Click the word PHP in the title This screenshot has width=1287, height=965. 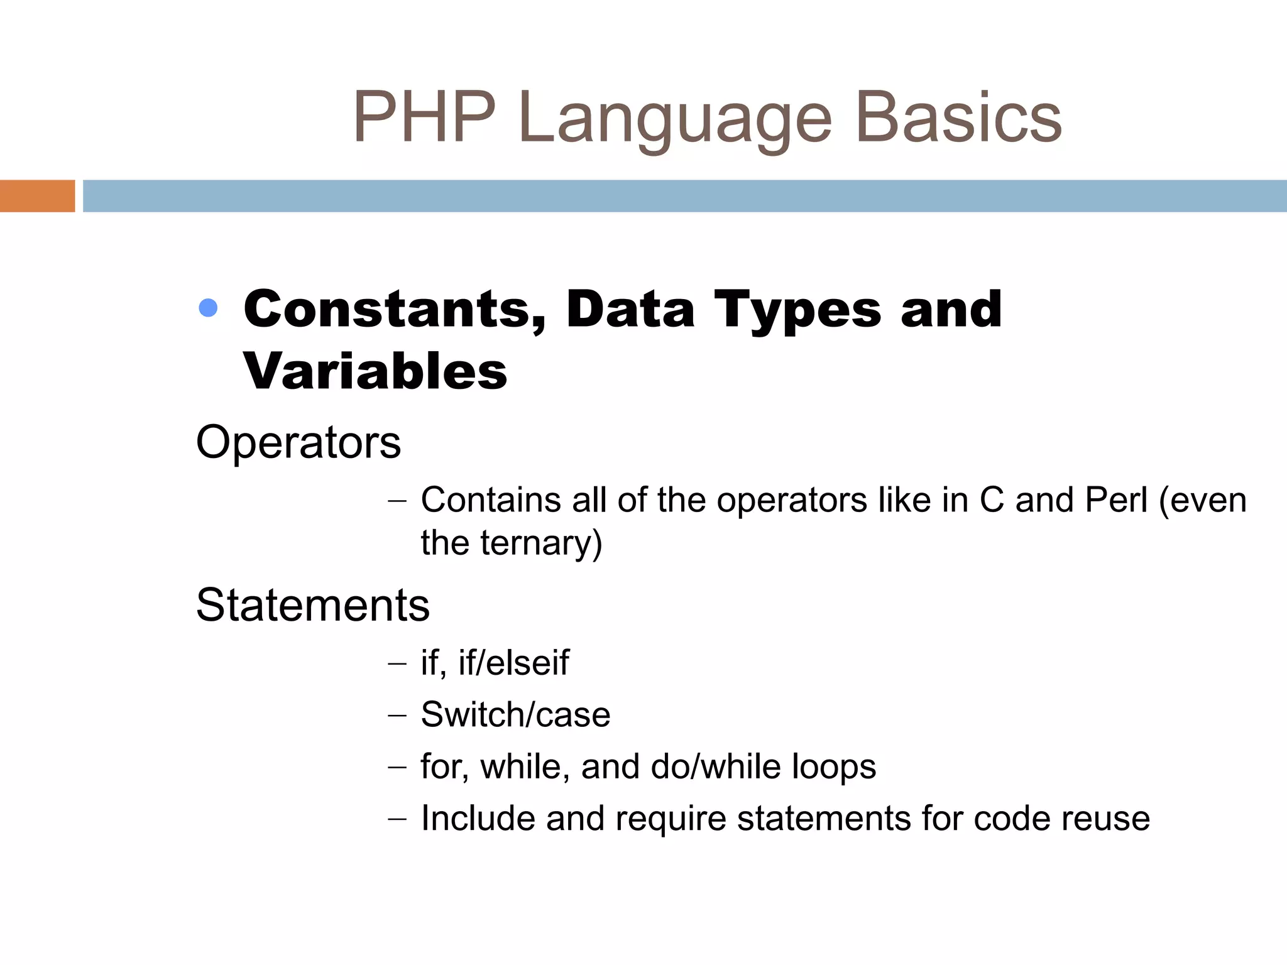pyautogui.click(x=424, y=117)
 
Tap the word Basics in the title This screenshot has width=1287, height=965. pyautogui.click(x=958, y=117)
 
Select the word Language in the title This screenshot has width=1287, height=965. pyautogui.click(x=676, y=119)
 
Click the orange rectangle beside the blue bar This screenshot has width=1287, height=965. pyautogui.click(x=37, y=196)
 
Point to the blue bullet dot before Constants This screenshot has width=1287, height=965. pyautogui.click(x=208, y=308)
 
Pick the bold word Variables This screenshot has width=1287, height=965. pyautogui.click(x=375, y=371)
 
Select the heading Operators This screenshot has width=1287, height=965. pyautogui.click(x=298, y=442)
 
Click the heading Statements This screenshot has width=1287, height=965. pyautogui.click(x=313, y=605)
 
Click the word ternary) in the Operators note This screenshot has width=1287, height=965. pyautogui.click(x=541, y=543)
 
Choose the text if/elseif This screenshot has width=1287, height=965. pyautogui.click(x=513, y=662)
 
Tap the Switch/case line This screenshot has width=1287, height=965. pyautogui.click(x=515, y=714)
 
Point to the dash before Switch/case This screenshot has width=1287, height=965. pyautogui.click(x=397, y=716)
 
